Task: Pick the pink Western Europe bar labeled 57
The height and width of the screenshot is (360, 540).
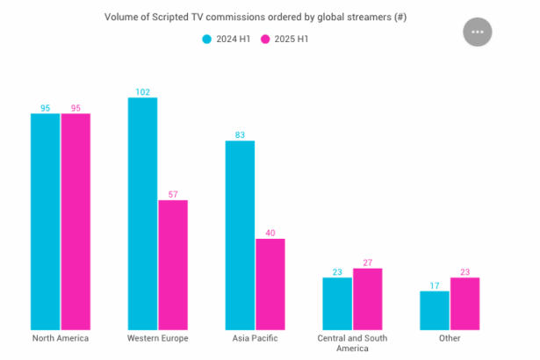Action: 173,264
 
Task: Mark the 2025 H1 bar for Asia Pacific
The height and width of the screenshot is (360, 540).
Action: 270,284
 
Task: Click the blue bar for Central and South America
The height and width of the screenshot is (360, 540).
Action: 337,303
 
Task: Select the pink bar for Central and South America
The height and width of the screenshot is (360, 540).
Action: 367,299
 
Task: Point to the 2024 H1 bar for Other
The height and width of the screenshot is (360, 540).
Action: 435,310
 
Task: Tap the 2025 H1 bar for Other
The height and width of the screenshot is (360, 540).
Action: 464,303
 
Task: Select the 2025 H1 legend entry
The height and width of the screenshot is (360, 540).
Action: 289,39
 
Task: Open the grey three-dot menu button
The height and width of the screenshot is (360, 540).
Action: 478,32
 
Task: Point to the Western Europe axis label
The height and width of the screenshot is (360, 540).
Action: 158,338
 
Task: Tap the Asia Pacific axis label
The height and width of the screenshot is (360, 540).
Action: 255,338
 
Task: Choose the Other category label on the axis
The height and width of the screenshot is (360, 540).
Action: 450,338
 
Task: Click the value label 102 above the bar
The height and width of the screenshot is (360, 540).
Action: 142,91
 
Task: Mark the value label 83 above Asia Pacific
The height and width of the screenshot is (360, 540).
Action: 240,134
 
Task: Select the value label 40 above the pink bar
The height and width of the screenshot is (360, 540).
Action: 270,233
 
